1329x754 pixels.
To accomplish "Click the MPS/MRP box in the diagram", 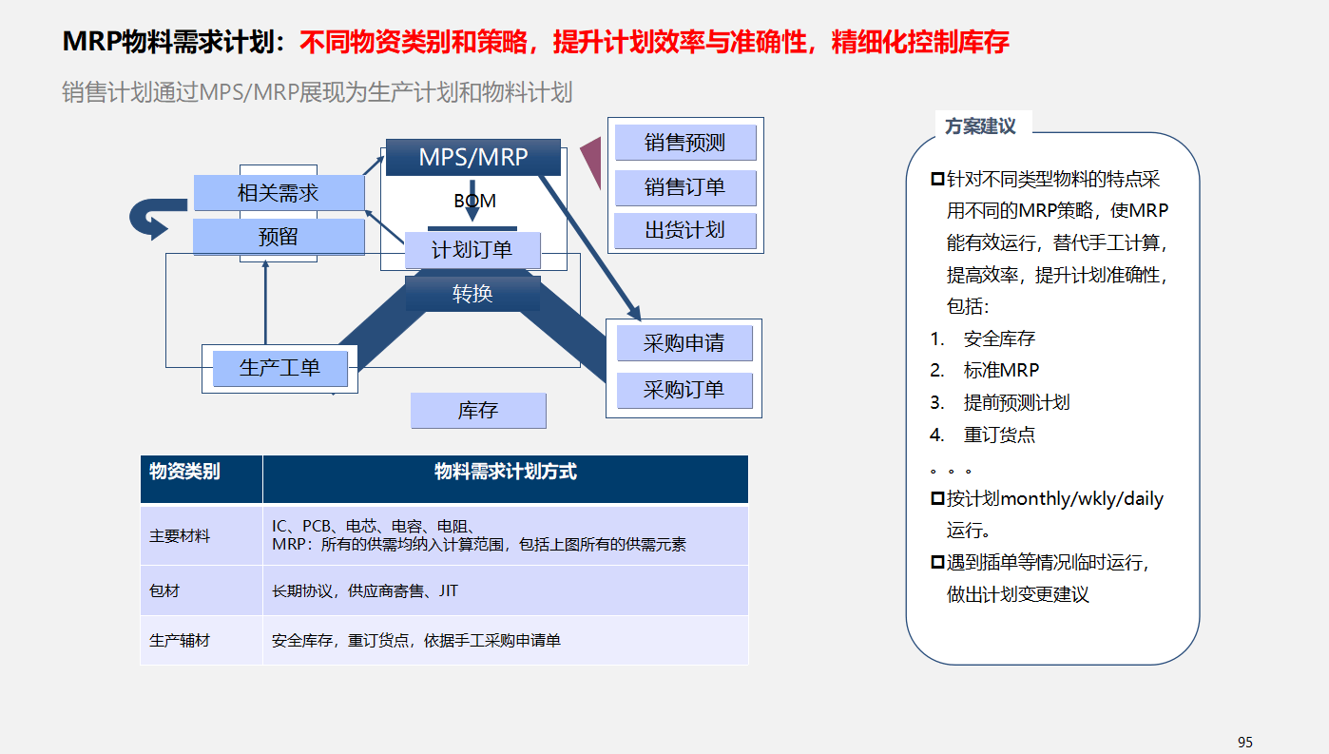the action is point(472,157).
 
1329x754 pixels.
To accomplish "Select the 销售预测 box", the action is point(685,143).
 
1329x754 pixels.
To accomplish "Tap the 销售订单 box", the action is point(685,187).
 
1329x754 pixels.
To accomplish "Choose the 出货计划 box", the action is point(685,230).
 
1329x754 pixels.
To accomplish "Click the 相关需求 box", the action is point(279,193).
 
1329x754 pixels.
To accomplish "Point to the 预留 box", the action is point(279,237).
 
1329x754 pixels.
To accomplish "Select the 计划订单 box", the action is point(472,250).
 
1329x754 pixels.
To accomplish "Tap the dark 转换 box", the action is point(472,294).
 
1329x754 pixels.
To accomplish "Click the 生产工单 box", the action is point(280,368).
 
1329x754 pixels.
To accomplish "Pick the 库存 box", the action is point(478,411).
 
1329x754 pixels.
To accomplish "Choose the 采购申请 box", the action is point(684,343).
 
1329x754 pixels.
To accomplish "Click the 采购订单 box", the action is point(684,391).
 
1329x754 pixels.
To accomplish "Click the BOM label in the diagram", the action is point(474,202).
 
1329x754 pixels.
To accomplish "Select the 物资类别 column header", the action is point(184,472).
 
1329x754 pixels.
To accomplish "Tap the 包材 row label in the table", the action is point(164,590).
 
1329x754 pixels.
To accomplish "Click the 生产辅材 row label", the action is point(179,641).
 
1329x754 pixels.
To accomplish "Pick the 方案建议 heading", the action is point(980,126).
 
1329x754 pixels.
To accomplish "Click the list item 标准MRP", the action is point(1001,370).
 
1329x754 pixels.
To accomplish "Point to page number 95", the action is point(1245,743).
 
